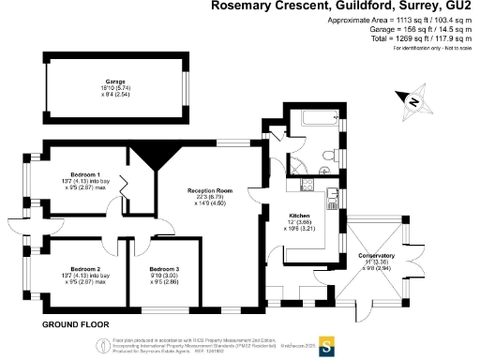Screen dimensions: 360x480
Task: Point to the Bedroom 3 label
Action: coord(166,269)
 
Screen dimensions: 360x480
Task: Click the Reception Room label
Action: coord(212,190)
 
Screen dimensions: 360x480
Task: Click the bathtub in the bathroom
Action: coord(316,121)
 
